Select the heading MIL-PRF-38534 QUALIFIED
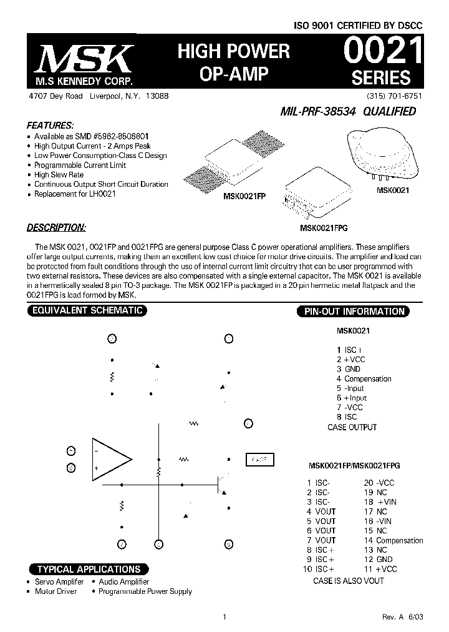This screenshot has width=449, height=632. tap(348, 112)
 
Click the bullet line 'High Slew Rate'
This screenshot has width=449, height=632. tap(59, 175)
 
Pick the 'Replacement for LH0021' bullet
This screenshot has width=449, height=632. tap(75, 194)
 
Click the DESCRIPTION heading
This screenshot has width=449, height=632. tap(57, 227)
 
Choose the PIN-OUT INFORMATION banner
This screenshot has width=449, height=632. tap(354, 311)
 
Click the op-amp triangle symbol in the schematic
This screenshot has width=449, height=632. tap(111, 459)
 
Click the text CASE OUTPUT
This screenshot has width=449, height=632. tap(352, 427)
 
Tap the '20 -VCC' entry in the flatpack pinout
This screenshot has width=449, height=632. tap(379, 483)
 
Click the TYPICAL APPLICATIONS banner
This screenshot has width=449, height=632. tap(89, 569)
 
